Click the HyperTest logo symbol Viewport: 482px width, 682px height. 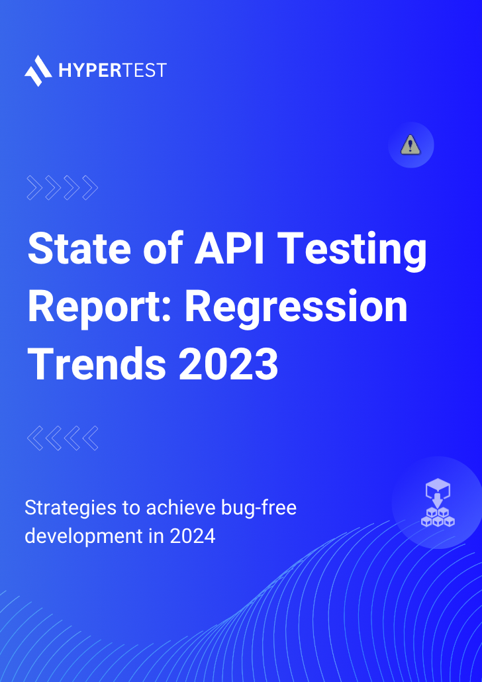(38, 70)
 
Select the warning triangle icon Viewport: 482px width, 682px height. (410, 145)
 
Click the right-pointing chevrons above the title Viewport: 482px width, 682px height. (62, 189)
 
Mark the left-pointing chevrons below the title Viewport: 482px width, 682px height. (62, 438)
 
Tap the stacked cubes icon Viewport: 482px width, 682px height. (438, 504)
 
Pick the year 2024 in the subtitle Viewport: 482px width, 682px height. (193, 536)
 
